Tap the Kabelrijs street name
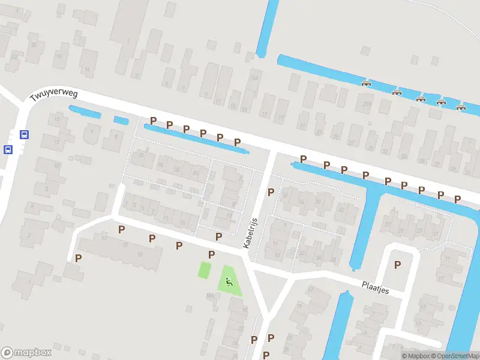[x=250, y=233]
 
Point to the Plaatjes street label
[x=376, y=287]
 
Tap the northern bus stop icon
[x=24, y=134]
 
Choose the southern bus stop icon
[x=8, y=149]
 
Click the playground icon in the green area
[x=228, y=280]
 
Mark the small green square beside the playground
[x=205, y=269]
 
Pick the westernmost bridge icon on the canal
[x=366, y=83]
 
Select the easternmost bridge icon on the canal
[x=461, y=107]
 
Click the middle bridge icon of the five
[x=421, y=98]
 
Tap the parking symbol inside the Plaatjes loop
[x=397, y=264]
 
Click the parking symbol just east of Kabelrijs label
[x=271, y=192]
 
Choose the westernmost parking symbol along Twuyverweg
[x=153, y=121]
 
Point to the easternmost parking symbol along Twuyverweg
[x=457, y=199]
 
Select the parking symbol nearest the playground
[x=211, y=254]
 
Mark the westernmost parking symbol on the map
[x=78, y=258]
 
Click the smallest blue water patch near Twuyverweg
[x=121, y=120]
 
